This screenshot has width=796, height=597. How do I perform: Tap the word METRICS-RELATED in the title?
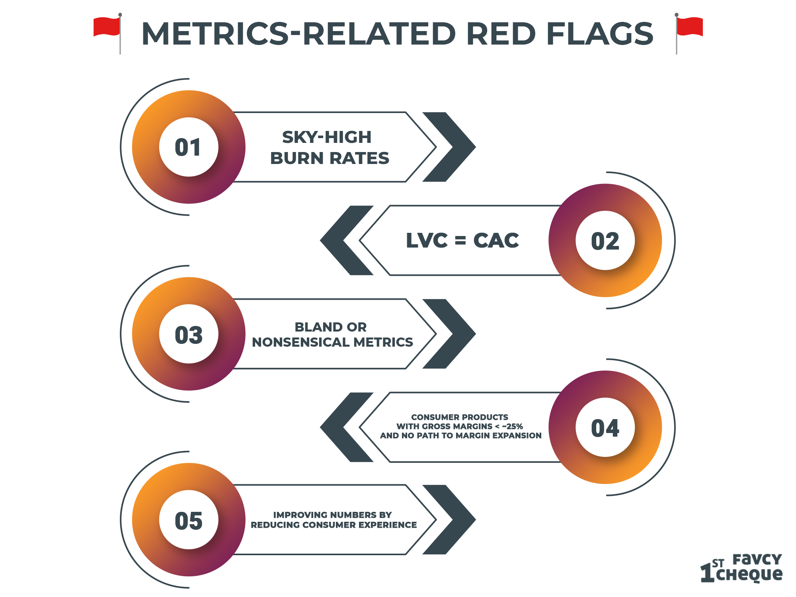(298, 33)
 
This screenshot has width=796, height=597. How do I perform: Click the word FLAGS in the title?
(600, 33)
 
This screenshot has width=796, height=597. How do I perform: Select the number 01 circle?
(189, 147)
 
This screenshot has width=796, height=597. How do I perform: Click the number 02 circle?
(605, 240)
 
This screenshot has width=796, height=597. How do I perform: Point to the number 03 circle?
(189, 334)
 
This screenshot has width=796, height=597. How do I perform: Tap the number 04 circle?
(605, 427)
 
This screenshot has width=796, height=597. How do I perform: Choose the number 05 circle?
(189, 520)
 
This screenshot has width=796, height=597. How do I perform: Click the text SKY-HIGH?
(327, 137)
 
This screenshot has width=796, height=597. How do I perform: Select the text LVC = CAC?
(462, 240)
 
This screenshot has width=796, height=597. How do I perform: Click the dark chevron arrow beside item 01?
(449, 147)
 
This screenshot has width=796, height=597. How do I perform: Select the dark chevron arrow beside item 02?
(347, 240)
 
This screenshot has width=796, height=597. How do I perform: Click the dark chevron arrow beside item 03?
(449, 334)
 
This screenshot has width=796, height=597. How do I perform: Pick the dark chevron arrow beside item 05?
(449, 520)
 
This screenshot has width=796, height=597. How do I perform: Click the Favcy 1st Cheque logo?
(741, 568)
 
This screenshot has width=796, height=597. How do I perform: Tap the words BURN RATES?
(330, 158)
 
